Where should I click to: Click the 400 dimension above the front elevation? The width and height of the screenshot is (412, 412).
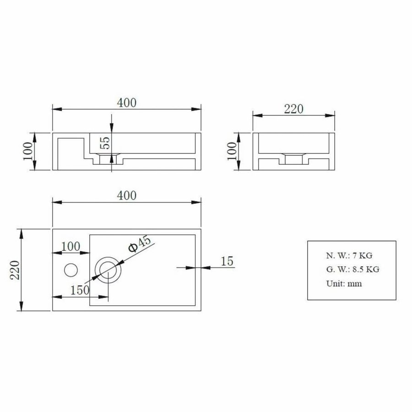coord(127,103)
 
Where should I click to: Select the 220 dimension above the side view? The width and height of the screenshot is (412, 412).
coord(294,109)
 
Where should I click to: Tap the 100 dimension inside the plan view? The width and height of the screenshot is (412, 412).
coord(70,246)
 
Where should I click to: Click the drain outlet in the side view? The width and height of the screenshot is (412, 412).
coord(293,159)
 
